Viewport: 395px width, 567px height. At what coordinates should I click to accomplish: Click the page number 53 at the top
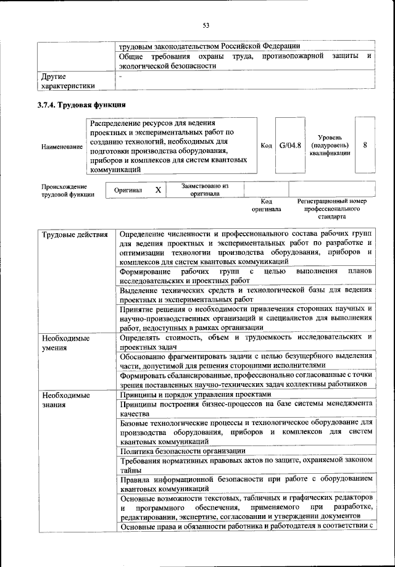[206, 25]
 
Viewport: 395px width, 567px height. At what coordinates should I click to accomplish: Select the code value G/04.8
[289, 146]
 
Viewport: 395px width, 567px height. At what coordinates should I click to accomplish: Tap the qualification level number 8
[366, 146]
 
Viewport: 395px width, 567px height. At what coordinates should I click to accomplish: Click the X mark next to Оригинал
[158, 190]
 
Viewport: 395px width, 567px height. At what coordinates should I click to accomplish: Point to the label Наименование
[62, 147]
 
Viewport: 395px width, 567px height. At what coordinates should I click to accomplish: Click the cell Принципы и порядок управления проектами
[195, 394]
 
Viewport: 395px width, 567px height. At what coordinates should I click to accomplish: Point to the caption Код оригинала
[266, 205]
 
